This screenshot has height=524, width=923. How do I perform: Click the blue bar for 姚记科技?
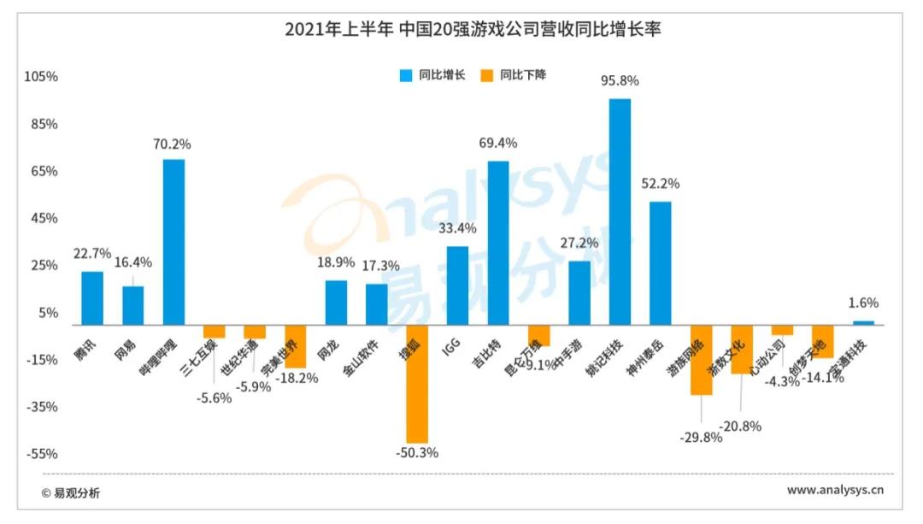[x=620, y=212]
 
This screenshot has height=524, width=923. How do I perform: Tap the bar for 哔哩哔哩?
[x=173, y=242]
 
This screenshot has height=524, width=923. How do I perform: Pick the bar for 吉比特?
[x=498, y=243]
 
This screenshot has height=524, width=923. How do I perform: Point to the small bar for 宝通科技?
[x=863, y=323]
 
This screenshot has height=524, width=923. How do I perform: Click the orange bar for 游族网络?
[x=702, y=359]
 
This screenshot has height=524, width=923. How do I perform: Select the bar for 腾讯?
[x=92, y=298]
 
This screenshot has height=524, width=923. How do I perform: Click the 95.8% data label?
[x=620, y=81]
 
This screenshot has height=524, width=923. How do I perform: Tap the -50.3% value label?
[x=417, y=453]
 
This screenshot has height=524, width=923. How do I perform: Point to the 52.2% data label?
[x=661, y=184]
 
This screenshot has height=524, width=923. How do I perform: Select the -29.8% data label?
[x=702, y=437]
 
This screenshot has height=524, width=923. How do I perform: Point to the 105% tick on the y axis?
[x=41, y=77]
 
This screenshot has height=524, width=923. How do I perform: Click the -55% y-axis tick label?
[x=41, y=454]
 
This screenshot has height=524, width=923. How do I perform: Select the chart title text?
[x=473, y=29]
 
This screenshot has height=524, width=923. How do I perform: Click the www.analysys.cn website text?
[x=834, y=491]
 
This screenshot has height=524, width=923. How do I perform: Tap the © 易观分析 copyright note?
[x=70, y=492]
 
